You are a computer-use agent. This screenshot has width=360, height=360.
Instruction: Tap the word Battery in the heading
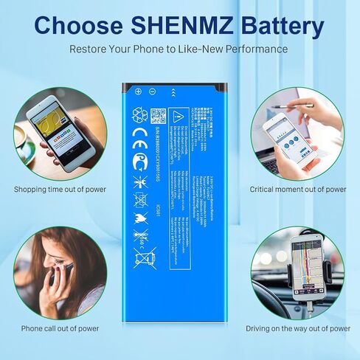[x=284, y=26]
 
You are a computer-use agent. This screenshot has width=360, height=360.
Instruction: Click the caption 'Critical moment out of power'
[x=298, y=189]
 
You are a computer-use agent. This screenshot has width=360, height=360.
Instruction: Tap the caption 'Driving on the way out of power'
[x=298, y=328]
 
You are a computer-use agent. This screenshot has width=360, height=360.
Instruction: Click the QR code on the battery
[x=158, y=117]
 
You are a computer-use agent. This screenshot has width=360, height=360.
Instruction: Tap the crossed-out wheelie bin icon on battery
[x=140, y=257]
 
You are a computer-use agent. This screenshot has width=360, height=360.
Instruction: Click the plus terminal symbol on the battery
[x=138, y=91]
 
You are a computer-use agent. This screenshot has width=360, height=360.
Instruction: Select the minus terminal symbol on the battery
[x=151, y=91]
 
